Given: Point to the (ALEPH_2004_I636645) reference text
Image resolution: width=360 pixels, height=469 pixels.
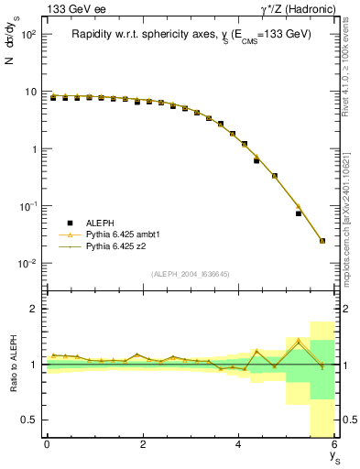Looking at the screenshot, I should pyautogui.click(x=191, y=273).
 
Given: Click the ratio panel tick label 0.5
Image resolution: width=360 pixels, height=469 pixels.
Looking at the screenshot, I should pyautogui.click(x=31, y=420).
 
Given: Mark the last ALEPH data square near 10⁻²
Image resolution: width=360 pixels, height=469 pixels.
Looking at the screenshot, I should pyautogui.click(x=322, y=241).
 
